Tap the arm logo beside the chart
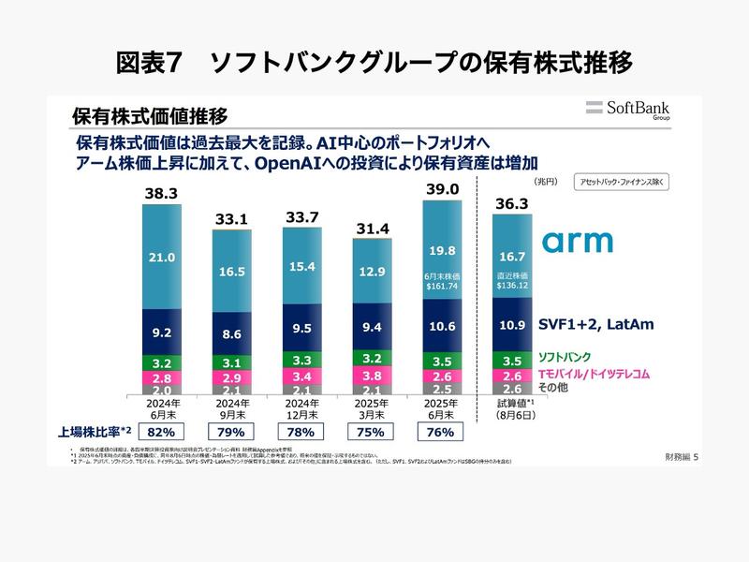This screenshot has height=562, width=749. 578,242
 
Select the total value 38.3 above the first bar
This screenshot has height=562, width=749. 161,193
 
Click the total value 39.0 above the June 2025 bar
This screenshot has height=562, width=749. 442,189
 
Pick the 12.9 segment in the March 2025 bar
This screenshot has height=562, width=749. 372,272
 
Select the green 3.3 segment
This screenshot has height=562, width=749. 301,360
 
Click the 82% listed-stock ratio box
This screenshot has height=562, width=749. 161,432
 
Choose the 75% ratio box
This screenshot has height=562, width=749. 372,432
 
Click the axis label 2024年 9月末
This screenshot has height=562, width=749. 231,407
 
